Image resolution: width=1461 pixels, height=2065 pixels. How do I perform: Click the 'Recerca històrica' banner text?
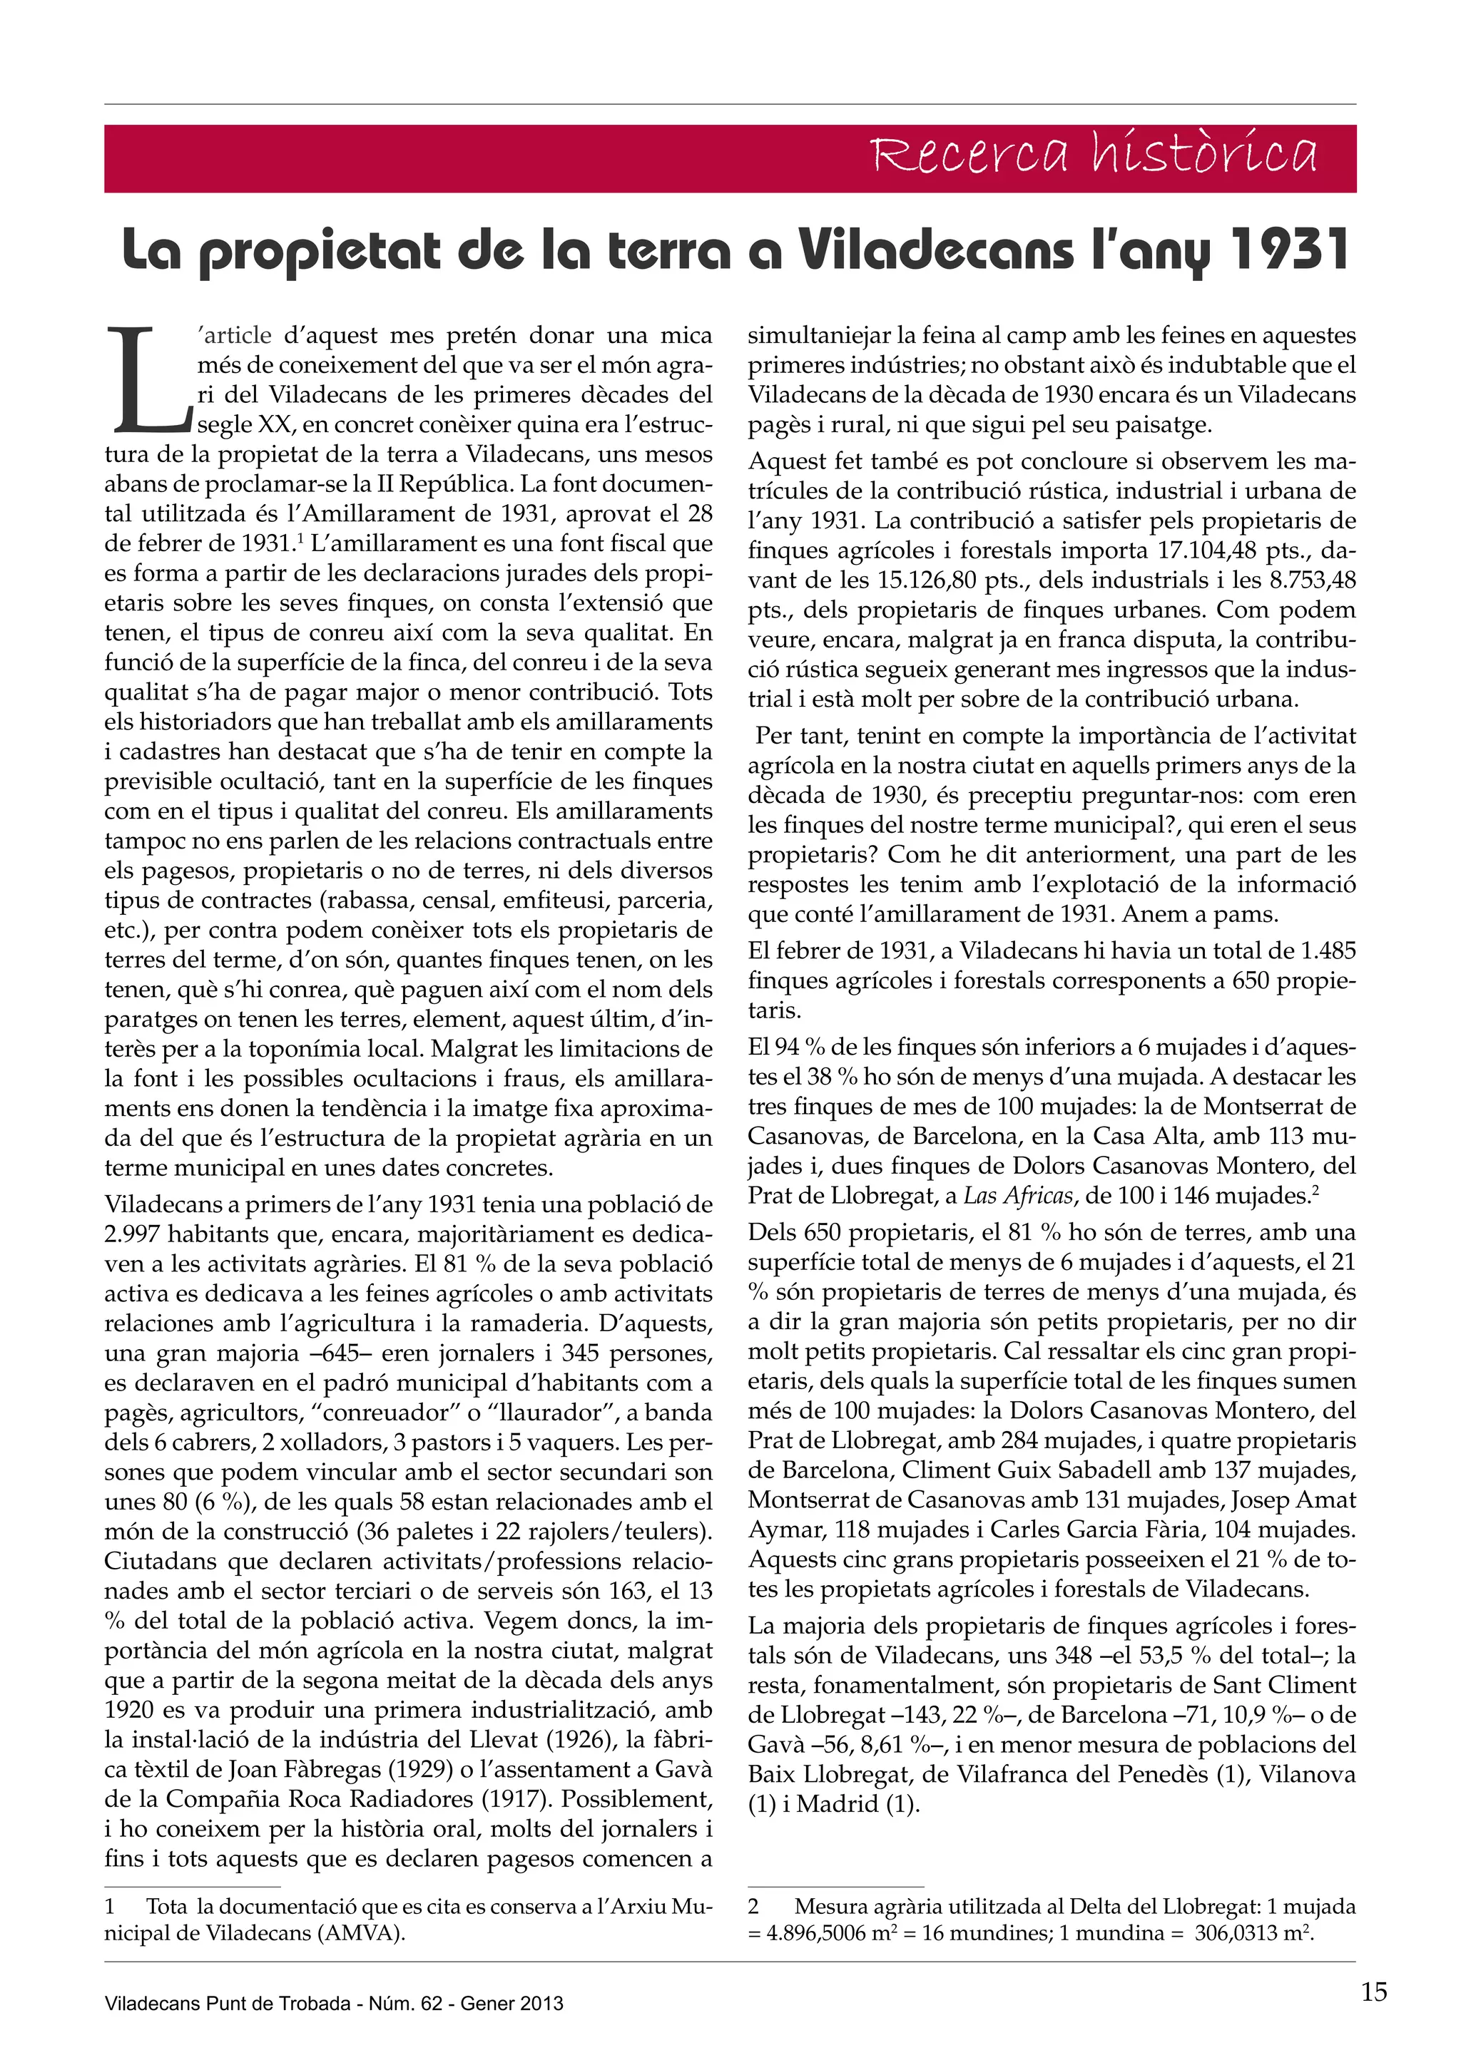(x=1094, y=155)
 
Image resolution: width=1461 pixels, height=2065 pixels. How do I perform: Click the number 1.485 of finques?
(x=1328, y=950)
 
